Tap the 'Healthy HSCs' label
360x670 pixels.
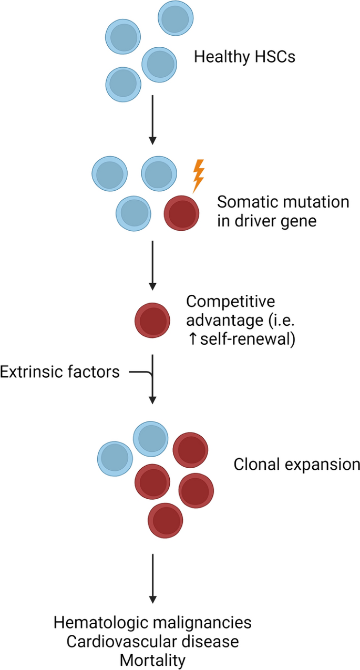[244, 56]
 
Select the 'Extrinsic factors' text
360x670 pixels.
[59, 372]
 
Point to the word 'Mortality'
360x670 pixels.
[152, 659]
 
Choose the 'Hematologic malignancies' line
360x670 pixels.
[152, 623]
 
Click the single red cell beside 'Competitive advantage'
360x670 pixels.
[153, 319]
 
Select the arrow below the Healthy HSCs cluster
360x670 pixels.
[152, 120]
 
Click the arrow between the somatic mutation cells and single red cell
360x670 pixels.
[152, 265]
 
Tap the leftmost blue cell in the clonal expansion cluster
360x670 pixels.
[115, 457]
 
